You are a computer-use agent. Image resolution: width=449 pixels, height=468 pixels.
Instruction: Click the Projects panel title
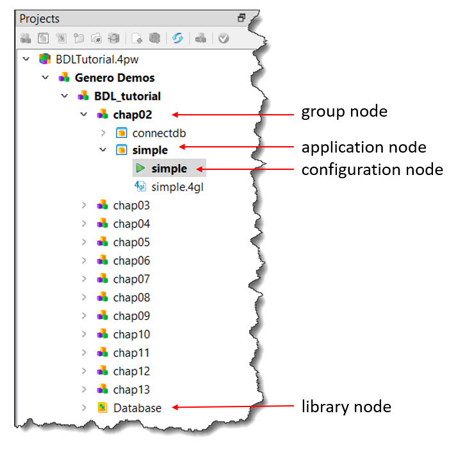pyautogui.click(x=40, y=19)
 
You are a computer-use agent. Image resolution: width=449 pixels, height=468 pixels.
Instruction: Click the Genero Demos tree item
pyautogui.click(x=114, y=78)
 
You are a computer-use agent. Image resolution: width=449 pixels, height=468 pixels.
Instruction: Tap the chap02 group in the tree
pyautogui.click(x=133, y=114)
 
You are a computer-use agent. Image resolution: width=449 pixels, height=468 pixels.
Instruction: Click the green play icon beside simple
pyautogui.click(x=140, y=169)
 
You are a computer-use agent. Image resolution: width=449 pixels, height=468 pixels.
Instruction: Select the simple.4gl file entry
pyautogui.click(x=177, y=187)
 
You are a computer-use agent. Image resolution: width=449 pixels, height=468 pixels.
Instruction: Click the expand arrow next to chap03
pyautogui.click(x=83, y=205)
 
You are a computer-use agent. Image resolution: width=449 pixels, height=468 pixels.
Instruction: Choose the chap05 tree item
pyautogui.click(x=131, y=242)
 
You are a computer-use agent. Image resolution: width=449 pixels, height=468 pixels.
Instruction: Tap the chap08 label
pyautogui.click(x=131, y=297)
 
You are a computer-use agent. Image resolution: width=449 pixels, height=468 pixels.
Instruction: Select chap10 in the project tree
pyautogui.click(x=131, y=334)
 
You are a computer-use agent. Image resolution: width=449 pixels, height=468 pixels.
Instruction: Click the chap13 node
pyautogui.click(x=131, y=389)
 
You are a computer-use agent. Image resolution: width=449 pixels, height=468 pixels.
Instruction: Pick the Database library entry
pyautogui.click(x=137, y=408)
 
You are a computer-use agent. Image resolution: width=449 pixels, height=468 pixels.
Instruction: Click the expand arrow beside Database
pyautogui.click(x=83, y=408)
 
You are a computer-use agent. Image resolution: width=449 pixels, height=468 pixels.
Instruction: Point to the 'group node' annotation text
pyautogui.click(x=344, y=112)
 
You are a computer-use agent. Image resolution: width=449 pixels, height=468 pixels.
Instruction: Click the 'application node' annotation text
pyautogui.click(x=363, y=147)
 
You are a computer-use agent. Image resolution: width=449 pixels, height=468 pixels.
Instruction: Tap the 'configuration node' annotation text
pyautogui.click(x=371, y=169)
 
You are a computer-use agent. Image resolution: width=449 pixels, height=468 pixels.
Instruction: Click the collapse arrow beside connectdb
pyautogui.click(x=102, y=133)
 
